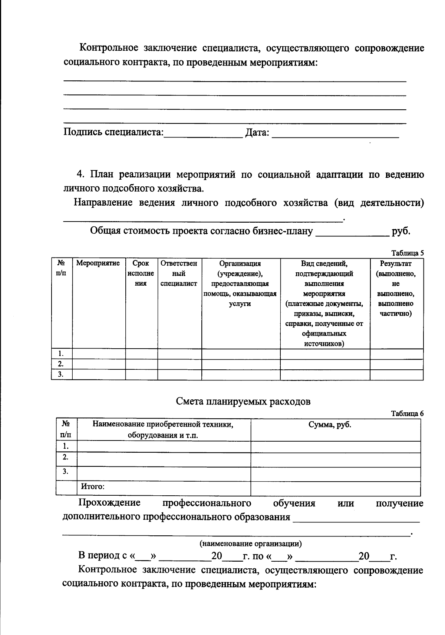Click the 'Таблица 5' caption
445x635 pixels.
click(x=408, y=253)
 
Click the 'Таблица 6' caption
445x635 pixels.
click(x=407, y=414)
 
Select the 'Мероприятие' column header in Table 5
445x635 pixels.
click(x=98, y=263)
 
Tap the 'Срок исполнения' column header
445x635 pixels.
click(x=141, y=273)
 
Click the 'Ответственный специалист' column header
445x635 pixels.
click(x=179, y=273)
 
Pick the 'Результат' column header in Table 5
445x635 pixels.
click(x=396, y=288)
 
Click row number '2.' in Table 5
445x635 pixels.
click(x=61, y=364)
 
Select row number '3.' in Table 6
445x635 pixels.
click(x=66, y=472)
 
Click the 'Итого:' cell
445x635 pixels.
click(x=93, y=486)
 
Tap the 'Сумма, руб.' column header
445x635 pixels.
click(x=330, y=425)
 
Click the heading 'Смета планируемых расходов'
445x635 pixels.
click(x=243, y=402)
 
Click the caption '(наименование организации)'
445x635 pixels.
click(x=250, y=543)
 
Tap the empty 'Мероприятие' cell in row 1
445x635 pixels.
click(x=98, y=354)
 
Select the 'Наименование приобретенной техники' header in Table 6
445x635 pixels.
click(x=163, y=429)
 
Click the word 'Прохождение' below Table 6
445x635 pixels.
click(x=109, y=503)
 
